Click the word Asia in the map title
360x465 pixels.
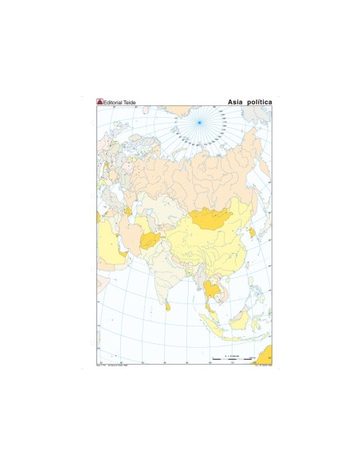(236, 103)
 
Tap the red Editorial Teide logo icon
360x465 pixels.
(100, 103)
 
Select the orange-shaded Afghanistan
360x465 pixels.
(151, 240)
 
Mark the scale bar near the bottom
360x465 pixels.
(231, 360)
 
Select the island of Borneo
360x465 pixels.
(237, 318)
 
